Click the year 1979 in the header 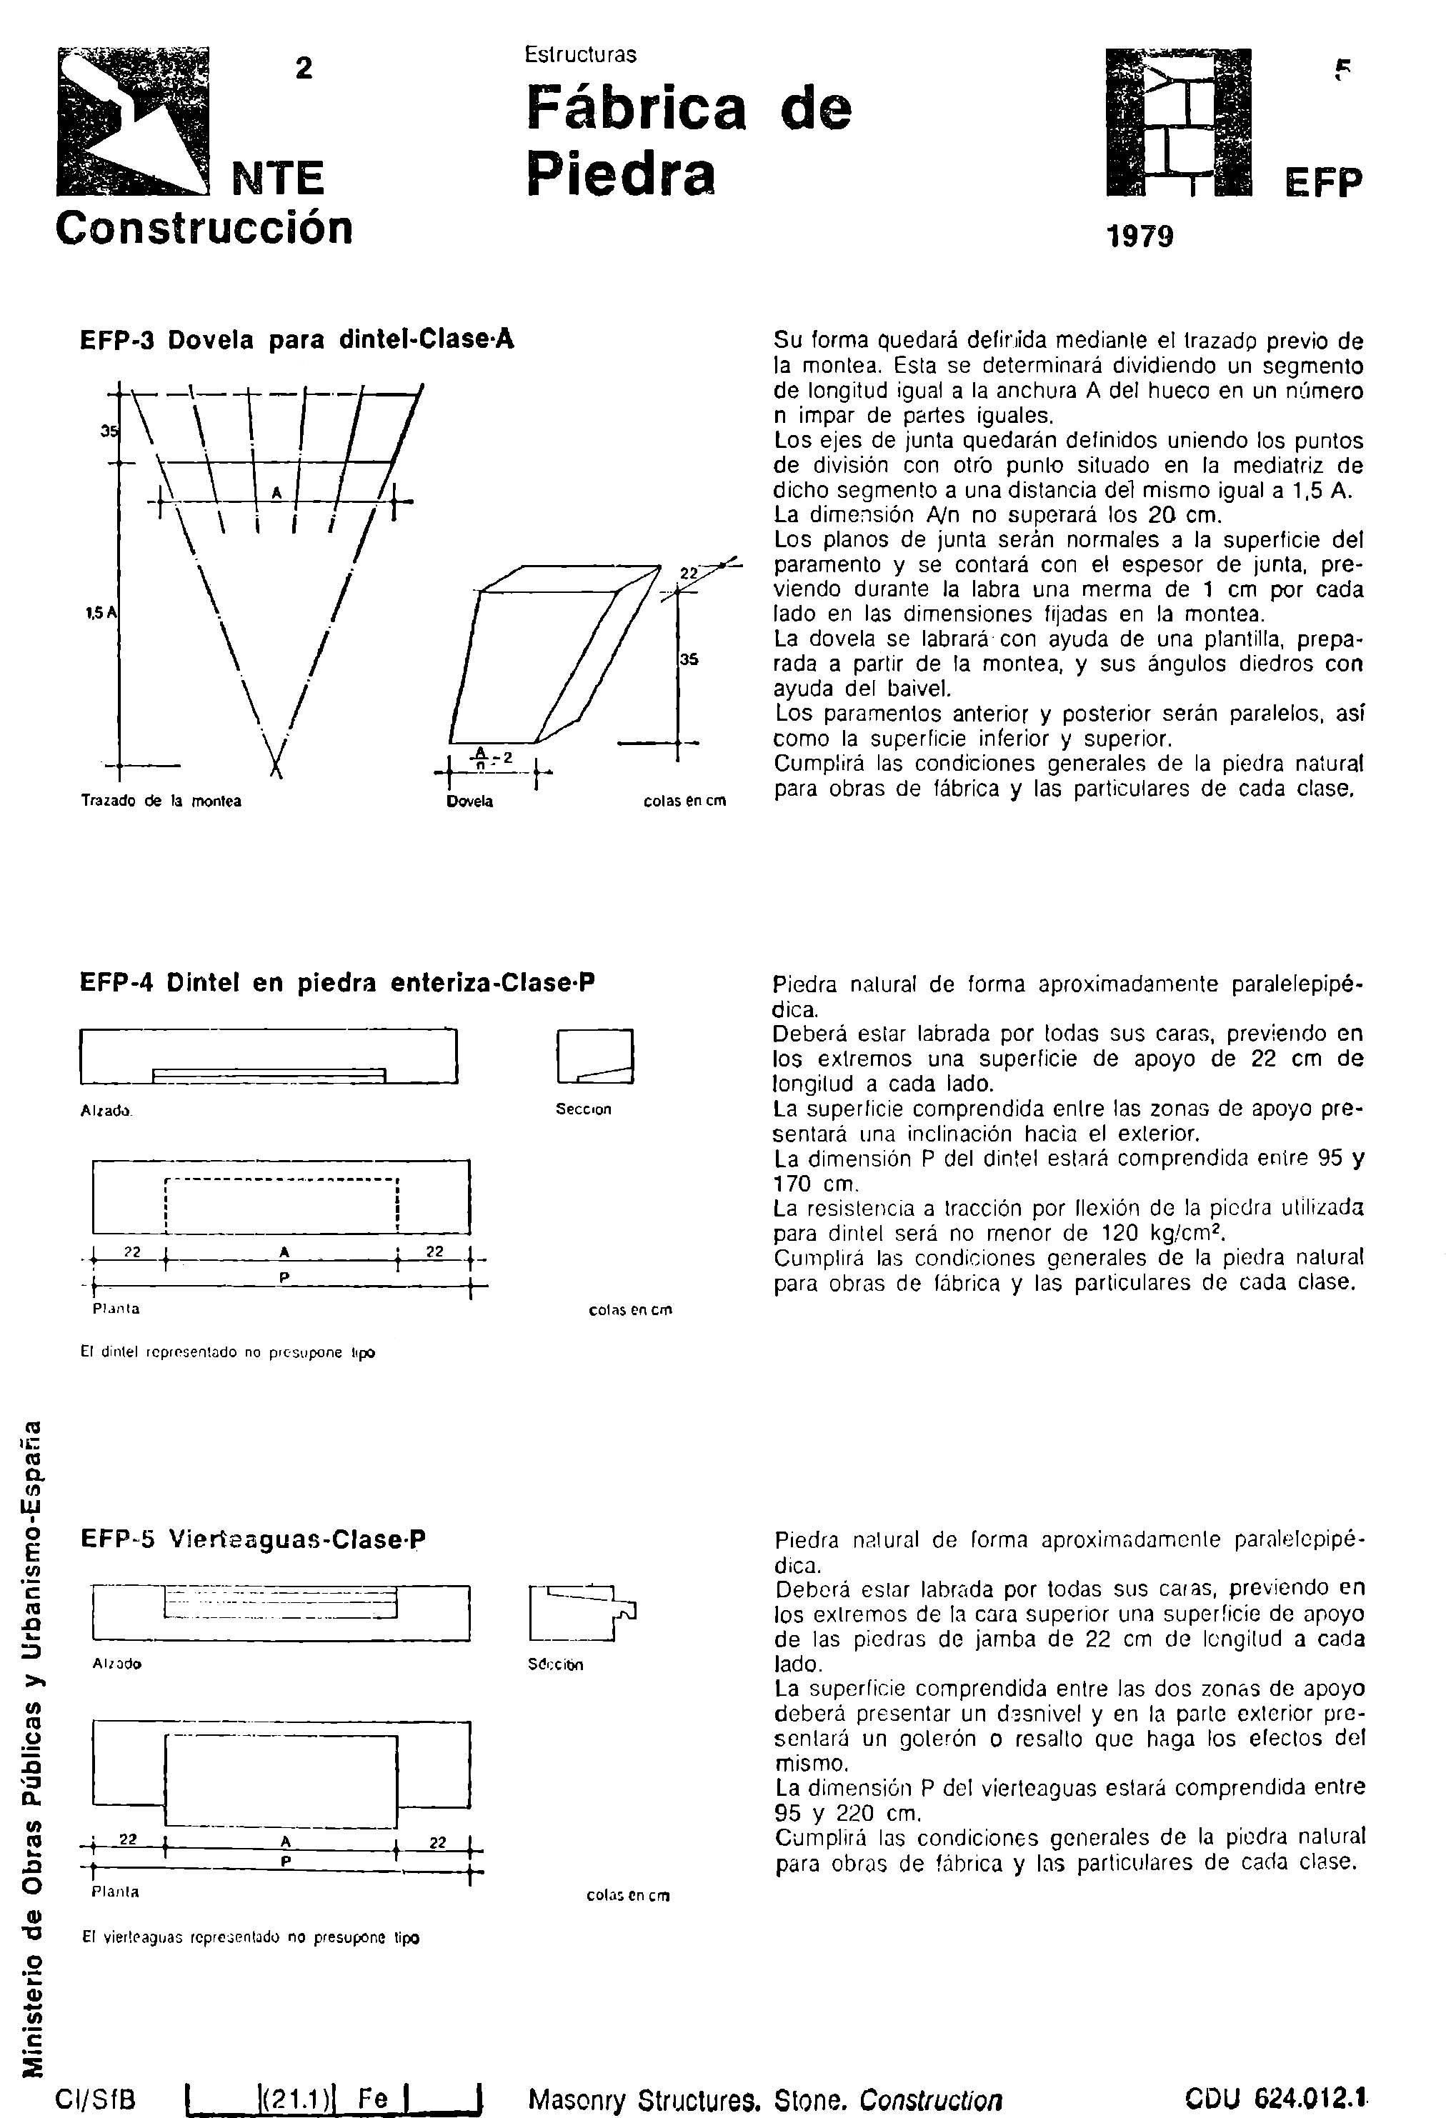(x=1139, y=237)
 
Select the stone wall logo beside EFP (x=1177, y=122)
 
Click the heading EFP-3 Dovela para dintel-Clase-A (x=297, y=340)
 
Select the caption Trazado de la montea (x=161, y=801)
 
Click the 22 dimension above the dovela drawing (x=689, y=573)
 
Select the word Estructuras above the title (x=580, y=55)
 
